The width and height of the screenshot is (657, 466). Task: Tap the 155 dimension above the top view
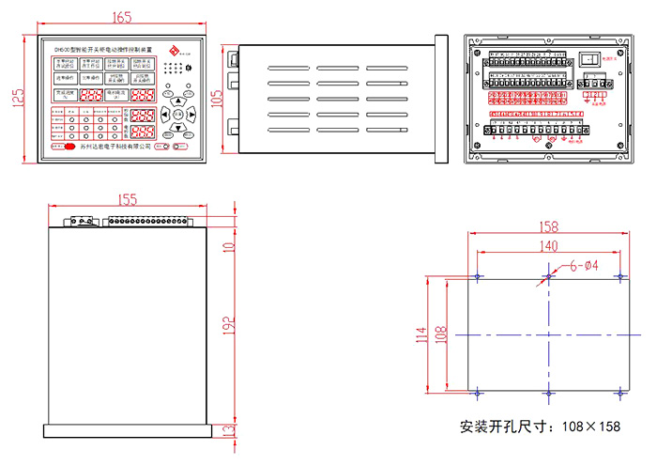128,199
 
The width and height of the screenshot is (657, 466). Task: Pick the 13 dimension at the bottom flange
228,431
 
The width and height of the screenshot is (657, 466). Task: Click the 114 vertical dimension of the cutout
421,334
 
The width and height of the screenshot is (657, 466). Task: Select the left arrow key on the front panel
163,115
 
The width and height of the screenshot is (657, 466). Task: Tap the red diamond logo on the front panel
172,50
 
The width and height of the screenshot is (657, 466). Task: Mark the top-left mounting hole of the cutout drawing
479,276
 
